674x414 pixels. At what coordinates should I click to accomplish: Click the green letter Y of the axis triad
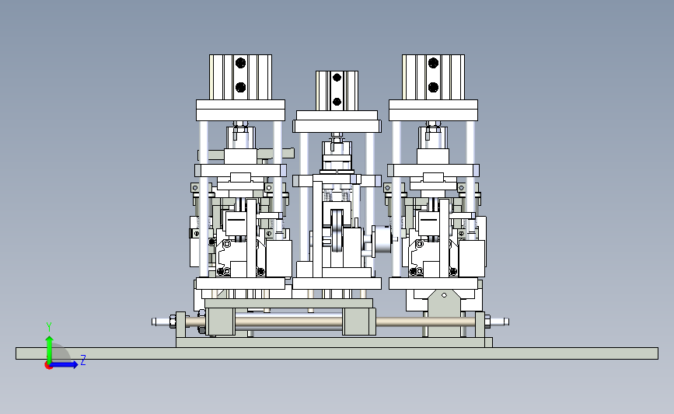(x=48, y=327)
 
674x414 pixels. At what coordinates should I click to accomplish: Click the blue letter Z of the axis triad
(x=83, y=360)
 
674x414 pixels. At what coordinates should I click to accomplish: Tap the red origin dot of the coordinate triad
(x=48, y=366)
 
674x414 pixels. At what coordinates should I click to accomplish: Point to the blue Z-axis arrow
(x=65, y=364)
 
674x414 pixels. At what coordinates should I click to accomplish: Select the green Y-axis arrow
(x=49, y=350)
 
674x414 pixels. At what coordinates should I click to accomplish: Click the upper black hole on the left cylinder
(x=241, y=63)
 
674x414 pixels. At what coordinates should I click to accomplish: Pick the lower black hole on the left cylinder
(x=241, y=88)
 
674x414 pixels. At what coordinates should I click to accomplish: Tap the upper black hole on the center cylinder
(x=337, y=78)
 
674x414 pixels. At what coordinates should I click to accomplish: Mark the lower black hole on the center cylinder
(x=337, y=102)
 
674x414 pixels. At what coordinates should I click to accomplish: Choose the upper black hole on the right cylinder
(x=433, y=63)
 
